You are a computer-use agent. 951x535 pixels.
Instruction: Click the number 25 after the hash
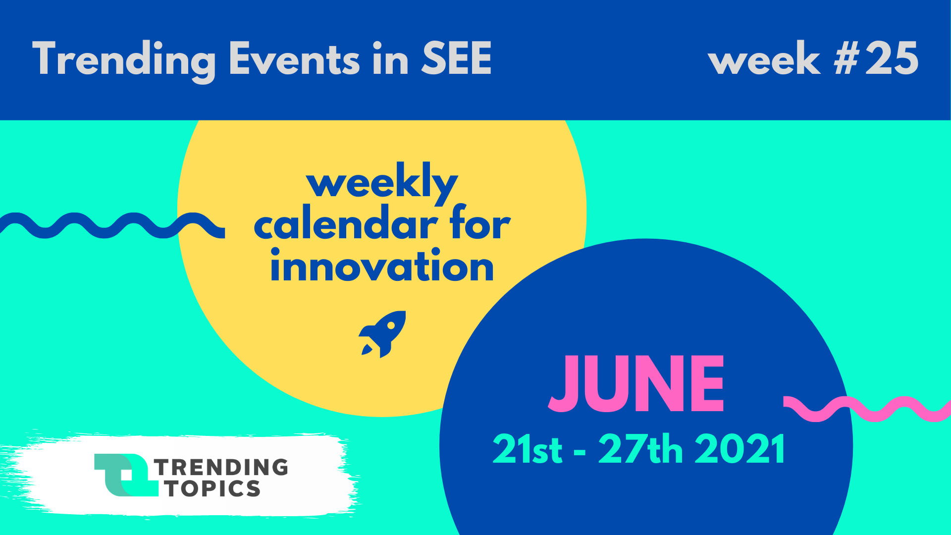coord(892,58)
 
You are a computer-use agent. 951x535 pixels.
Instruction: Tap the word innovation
coord(382,266)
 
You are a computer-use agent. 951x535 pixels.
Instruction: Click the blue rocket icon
coord(382,334)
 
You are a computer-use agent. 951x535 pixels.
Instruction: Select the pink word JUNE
coord(636,384)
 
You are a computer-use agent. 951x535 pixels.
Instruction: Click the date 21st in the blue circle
coord(528,449)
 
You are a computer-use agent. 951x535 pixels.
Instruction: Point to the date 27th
coord(641,449)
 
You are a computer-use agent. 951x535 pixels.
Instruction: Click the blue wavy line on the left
coord(112,226)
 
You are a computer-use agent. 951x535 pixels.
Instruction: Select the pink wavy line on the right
coord(867,409)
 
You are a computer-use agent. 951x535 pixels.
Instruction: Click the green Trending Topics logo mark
coord(126,475)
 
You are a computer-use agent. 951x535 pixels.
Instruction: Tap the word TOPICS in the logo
coord(213,489)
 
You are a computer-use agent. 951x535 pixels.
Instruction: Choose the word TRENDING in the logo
coord(221,467)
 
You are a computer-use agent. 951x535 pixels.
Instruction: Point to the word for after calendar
coord(480,223)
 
